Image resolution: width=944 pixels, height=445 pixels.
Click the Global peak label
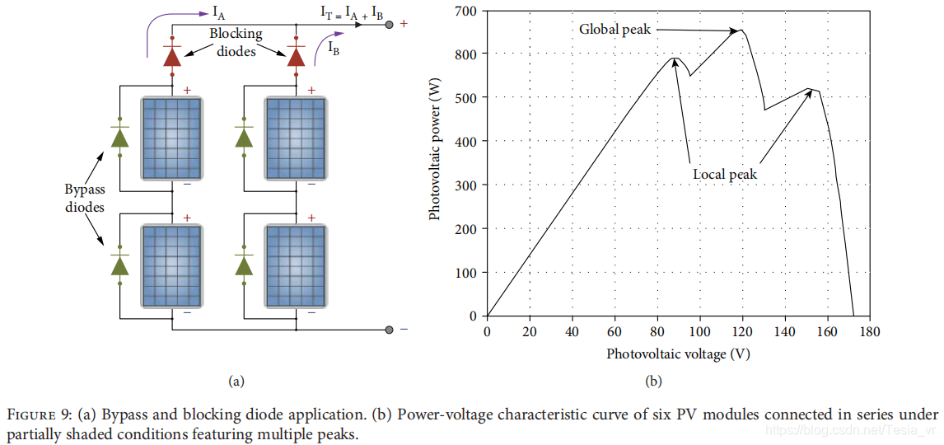(x=615, y=30)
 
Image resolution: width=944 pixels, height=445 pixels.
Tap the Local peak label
(x=724, y=175)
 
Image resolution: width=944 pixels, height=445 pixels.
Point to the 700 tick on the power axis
(x=466, y=10)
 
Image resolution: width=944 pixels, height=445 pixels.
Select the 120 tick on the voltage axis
(x=742, y=331)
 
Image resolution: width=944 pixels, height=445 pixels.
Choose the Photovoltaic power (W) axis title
(x=436, y=157)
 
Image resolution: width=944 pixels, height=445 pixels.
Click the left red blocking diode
(x=172, y=55)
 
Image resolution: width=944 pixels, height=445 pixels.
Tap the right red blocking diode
(x=296, y=55)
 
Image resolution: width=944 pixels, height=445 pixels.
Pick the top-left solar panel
(x=172, y=138)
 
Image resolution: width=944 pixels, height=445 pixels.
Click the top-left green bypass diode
(x=120, y=137)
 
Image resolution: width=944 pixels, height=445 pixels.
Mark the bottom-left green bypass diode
(x=120, y=265)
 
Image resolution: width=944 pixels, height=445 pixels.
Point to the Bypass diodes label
(x=85, y=199)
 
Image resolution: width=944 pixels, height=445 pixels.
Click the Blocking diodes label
(x=236, y=42)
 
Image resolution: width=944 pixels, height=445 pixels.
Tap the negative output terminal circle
(x=389, y=330)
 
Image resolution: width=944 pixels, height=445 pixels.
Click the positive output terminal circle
(x=389, y=24)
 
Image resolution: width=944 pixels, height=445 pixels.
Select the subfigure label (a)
(x=236, y=381)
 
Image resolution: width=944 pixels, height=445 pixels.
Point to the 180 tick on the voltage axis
(x=870, y=331)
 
